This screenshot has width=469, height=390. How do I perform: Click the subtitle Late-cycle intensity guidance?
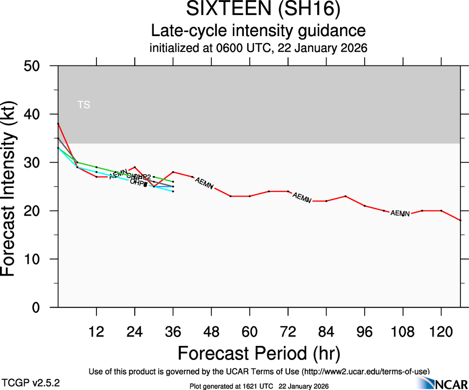[258, 31]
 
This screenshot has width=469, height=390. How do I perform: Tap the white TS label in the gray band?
[84, 105]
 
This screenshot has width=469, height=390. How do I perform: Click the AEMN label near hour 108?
[400, 213]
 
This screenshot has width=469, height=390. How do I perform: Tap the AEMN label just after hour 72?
[302, 197]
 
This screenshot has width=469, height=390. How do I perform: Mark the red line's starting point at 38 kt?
[58, 123]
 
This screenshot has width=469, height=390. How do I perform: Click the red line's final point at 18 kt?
[460, 220]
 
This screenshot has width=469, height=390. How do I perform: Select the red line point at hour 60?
[250, 196]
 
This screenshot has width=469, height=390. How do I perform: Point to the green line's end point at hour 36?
[173, 181]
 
